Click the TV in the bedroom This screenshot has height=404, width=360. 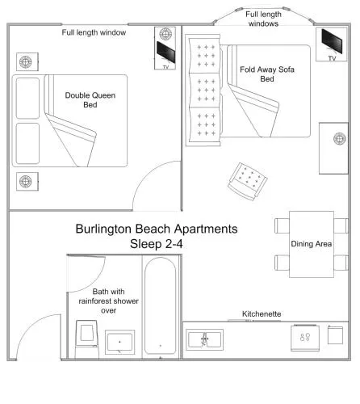[165, 53]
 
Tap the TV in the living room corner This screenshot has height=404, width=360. [332, 41]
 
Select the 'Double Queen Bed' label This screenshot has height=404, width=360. [90, 100]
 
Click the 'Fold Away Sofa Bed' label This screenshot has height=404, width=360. [267, 74]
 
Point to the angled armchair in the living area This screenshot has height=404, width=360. [247, 181]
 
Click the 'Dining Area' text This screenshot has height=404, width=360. [312, 244]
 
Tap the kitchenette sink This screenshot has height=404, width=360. [204, 339]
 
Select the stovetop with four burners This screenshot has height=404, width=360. [305, 338]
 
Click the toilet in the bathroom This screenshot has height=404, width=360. [86, 339]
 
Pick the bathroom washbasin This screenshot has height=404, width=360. [119, 342]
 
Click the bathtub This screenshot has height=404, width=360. [161, 305]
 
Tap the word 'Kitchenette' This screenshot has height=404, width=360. [262, 314]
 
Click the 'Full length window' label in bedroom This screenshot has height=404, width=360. [94, 32]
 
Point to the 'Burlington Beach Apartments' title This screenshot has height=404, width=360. [157, 229]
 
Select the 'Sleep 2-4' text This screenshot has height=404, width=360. [157, 244]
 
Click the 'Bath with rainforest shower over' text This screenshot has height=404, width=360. [108, 301]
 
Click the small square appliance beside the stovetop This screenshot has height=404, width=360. [335, 335]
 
